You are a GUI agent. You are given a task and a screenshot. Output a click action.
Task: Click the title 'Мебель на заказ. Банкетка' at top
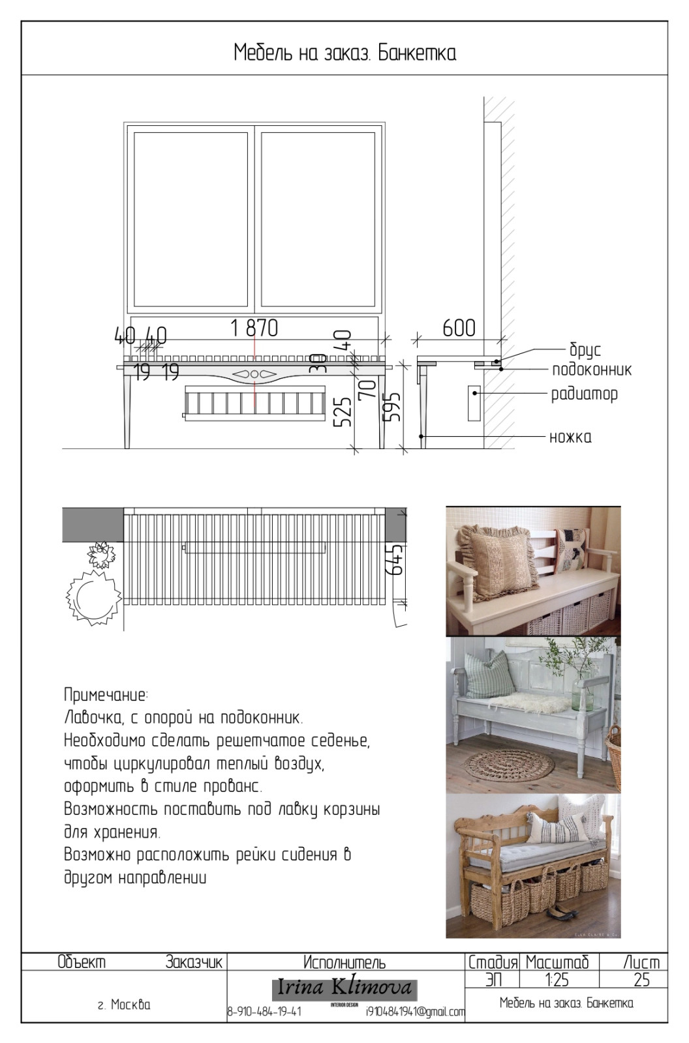pyautogui.click(x=344, y=52)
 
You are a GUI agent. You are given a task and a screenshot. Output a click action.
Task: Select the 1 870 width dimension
pyautogui.click(x=254, y=328)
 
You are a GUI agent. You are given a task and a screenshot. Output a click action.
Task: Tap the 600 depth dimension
pyautogui.click(x=459, y=328)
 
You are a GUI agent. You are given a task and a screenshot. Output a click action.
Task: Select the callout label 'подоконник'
pyautogui.click(x=591, y=370)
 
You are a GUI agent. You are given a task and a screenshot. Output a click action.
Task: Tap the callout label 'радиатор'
pyautogui.click(x=584, y=394)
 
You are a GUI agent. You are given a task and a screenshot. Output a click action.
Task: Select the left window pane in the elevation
pyautogui.click(x=191, y=218)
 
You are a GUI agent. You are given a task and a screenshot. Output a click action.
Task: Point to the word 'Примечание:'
pyautogui.click(x=106, y=694)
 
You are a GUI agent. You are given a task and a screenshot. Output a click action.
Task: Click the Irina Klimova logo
pyautogui.click(x=344, y=988)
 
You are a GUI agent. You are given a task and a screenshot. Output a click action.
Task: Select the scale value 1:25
pyautogui.click(x=557, y=979)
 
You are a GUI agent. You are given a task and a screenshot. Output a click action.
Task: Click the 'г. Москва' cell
pyautogui.click(x=124, y=1005)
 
